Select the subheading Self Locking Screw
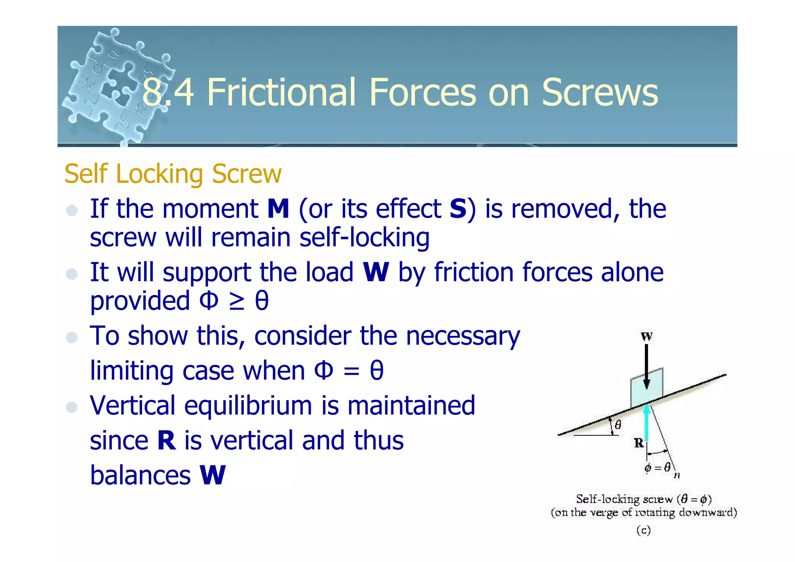(173, 174)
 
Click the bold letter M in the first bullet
(278, 209)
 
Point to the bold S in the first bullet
(458, 209)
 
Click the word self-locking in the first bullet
(365, 237)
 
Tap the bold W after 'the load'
(375, 272)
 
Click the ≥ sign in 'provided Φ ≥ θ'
(236, 302)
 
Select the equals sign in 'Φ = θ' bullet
(351, 371)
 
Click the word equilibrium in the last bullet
(248, 405)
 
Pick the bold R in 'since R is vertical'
(166, 440)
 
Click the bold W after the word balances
(212, 475)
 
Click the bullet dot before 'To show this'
(72, 337)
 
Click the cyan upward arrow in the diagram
(646, 423)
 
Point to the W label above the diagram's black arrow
(646, 336)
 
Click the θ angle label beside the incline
(618, 425)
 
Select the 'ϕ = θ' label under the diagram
(657, 467)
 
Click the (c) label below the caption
(643, 530)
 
